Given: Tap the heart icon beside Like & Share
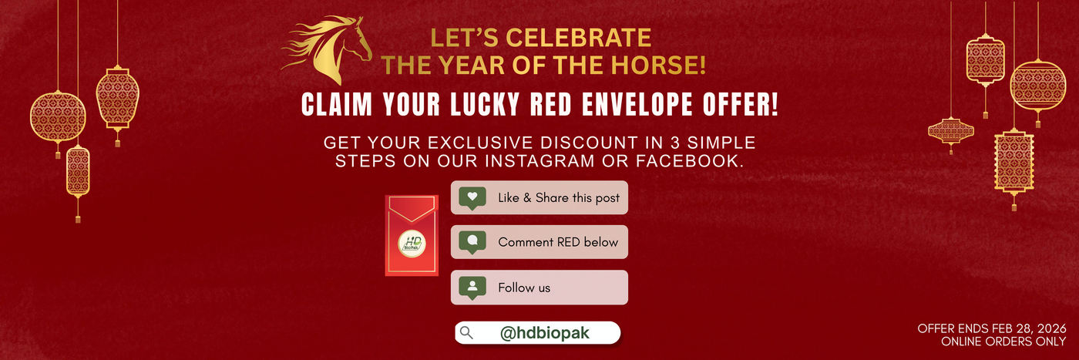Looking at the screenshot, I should [x=472, y=197].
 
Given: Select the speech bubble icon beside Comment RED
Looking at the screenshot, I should [x=472, y=241].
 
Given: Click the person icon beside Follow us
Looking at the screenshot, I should [x=472, y=287].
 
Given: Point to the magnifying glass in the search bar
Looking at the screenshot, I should [x=466, y=333].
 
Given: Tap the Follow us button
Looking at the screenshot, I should [x=539, y=288].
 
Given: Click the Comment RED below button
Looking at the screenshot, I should [x=539, y=242].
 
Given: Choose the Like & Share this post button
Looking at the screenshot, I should [x=539, y=198].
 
